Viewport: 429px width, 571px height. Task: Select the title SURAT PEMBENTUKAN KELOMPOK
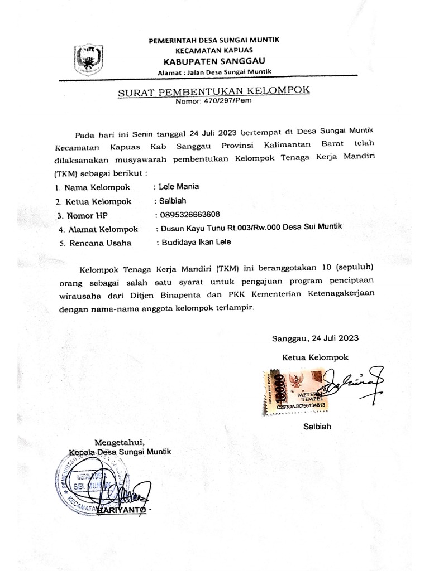(213, 92)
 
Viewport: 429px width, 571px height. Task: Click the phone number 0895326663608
(189, 215)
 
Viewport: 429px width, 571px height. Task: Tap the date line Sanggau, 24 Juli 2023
(315, 338)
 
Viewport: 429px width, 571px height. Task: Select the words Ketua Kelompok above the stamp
(315, 357)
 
